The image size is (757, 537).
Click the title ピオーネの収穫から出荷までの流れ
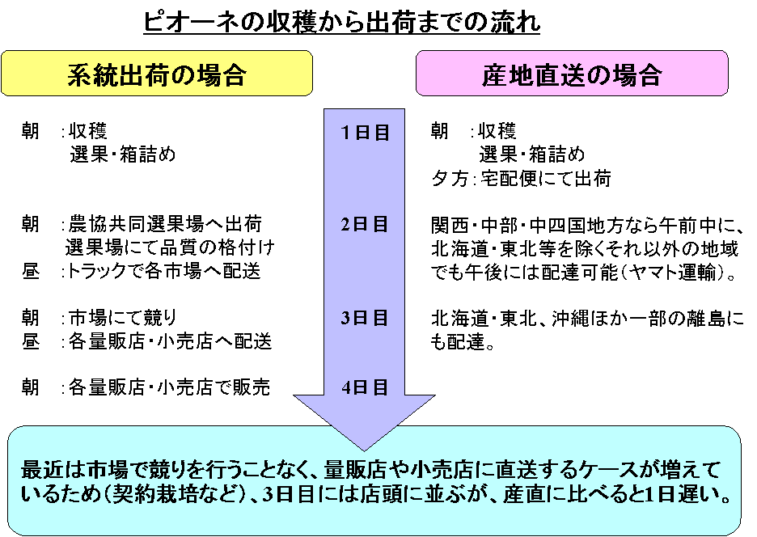pos(341,23)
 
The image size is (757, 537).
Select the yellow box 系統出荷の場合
pos(156,74)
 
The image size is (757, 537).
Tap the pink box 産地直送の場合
pos(572,74)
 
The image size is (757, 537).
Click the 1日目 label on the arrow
pos(366,133)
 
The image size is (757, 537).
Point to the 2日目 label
pos(366,224)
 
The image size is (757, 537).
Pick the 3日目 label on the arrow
pos(366,317)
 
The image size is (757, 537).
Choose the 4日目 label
pos(366,387)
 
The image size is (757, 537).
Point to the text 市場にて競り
pos(122,317)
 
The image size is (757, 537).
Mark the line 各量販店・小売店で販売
pos(168,388)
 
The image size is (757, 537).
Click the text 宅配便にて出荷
pos(544,178)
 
